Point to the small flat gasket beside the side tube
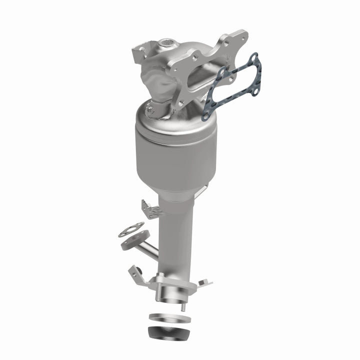[x=131, y=229]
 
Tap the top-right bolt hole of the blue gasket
[x=253, y=60]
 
